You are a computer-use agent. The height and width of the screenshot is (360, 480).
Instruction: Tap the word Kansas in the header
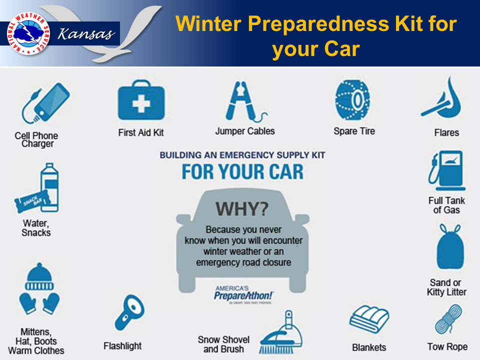pyautogui.click(x=86, y=34)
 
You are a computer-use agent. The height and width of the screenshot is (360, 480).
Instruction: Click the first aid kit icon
pyautogui.click(x=141, y=102)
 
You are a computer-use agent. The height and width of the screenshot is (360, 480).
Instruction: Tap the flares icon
pyautogui.click(x=444, y=100)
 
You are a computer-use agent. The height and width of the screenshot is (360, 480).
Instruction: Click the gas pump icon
pyautogui.click(x=446, y=171)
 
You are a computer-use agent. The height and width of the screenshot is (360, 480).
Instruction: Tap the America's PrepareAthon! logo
pyautogui.click(x=243, y=293)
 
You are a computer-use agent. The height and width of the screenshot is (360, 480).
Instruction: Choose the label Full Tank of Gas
pyautogui.click(x=446, y=205)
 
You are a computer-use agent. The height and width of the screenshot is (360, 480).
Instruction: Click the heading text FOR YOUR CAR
pyautogui.click(x=242, y=171)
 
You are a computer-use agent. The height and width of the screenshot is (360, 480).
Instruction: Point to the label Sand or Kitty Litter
pyautogui.click(x=446, y=287)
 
